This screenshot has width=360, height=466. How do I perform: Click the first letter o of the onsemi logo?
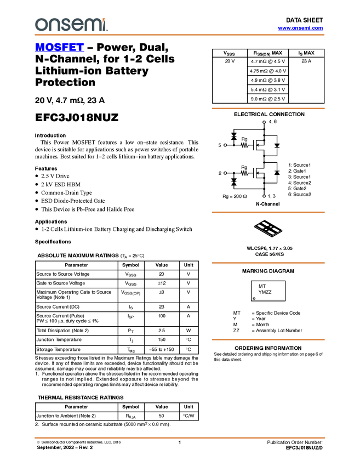[41, 25]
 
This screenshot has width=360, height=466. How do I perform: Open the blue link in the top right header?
[300, 28]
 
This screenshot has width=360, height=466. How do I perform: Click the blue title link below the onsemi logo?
[59, 48]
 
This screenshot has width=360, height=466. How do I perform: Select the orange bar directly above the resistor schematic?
[268, 109]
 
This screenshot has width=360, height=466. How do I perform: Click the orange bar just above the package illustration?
[268, 212]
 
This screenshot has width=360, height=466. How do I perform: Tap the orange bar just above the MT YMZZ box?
[268, 263]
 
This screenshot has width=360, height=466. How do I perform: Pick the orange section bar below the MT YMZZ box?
[268, 339]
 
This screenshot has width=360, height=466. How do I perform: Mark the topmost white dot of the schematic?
[264, 122]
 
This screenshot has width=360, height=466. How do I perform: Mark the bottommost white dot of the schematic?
[264, 196]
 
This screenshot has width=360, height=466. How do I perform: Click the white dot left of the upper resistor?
[225, 145]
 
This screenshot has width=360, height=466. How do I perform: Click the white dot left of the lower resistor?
[225, 173]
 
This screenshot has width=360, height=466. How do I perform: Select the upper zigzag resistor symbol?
[245, 145]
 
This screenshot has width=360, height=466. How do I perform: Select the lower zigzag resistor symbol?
[245, 173]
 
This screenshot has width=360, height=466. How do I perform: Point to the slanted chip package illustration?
[268, 229]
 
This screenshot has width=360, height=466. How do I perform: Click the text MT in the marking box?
[262, 286]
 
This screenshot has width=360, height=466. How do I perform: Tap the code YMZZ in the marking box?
[265, 293]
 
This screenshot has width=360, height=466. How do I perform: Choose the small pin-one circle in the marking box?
[254, 298]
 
